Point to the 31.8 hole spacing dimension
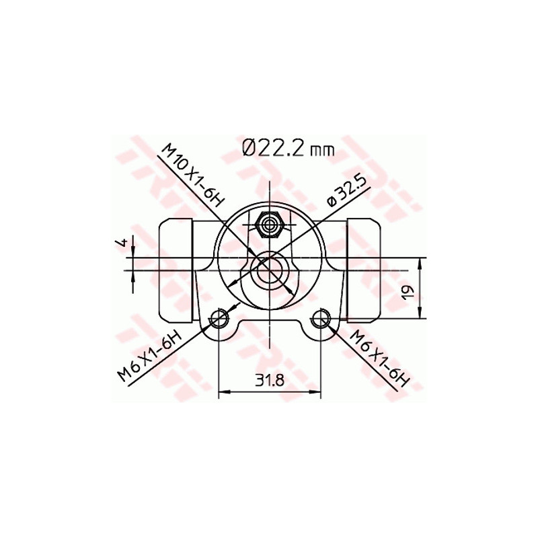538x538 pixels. (269, 380)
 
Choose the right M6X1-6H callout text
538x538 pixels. (381, 358)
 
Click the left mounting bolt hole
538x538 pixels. (219, 319)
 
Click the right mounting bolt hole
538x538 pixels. (321, 319)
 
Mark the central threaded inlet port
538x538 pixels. (269, 271)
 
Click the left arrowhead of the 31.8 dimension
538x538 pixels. (223, 392)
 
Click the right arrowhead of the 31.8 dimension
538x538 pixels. (317, 392)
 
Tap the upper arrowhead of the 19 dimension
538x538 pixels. (420, 262)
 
